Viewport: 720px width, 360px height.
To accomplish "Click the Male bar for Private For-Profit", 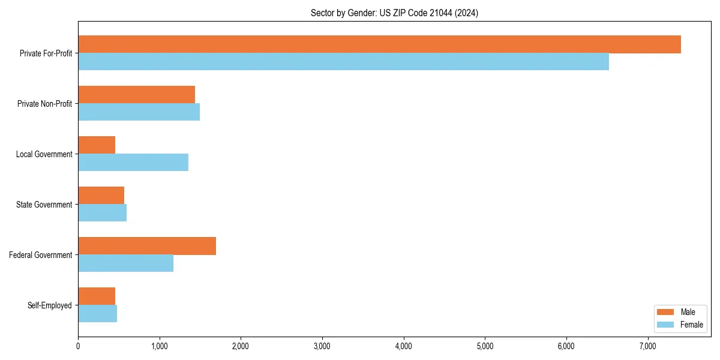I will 379,44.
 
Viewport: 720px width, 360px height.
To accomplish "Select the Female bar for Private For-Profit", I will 343,62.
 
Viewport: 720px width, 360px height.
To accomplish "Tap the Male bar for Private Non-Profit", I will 136,95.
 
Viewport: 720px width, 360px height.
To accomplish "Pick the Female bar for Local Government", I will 133,163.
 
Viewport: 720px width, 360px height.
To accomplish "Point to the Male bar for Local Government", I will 97,145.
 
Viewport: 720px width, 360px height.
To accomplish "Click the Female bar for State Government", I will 102,213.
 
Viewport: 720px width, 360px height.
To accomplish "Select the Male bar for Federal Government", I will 147,246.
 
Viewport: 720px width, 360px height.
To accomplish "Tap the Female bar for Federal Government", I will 125,263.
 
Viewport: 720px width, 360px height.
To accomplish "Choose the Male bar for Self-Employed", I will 97,296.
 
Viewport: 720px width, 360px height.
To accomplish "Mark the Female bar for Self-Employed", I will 97,314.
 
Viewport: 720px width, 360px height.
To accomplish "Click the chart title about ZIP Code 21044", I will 394,13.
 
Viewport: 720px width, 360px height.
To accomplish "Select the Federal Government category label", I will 41,255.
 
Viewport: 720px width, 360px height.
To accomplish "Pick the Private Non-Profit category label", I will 44,104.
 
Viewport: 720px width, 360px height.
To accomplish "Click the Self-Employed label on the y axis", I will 50,305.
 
